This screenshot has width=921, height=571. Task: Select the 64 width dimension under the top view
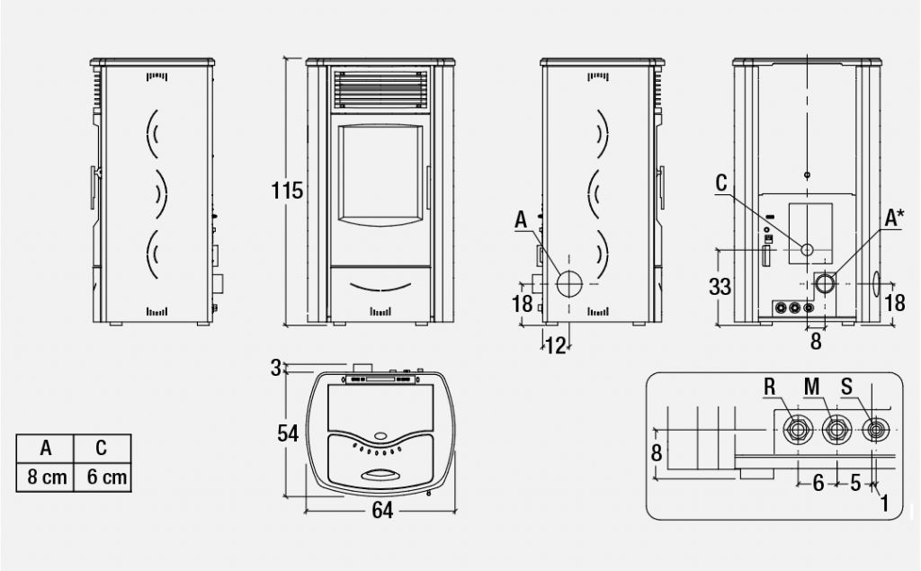pos(382,511)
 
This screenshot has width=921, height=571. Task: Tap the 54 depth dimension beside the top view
pos(288,433)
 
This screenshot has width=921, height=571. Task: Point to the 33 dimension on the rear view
pos(719,288)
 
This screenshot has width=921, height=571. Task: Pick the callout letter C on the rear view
pos(721,183)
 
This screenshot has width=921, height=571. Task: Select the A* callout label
pos(895,218)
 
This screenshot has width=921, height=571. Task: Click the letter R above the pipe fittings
pos(770,388)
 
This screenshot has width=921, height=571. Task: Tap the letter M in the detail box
pos(812,388)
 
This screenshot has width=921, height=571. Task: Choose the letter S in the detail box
pos(848,388)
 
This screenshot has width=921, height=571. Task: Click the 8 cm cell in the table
pos(47,477)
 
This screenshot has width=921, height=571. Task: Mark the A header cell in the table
pos(47,448)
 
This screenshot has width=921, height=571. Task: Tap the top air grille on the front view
pos(379,89)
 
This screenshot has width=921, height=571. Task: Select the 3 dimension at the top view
pos(276,366)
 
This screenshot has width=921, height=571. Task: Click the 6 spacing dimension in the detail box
pos(818,483)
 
